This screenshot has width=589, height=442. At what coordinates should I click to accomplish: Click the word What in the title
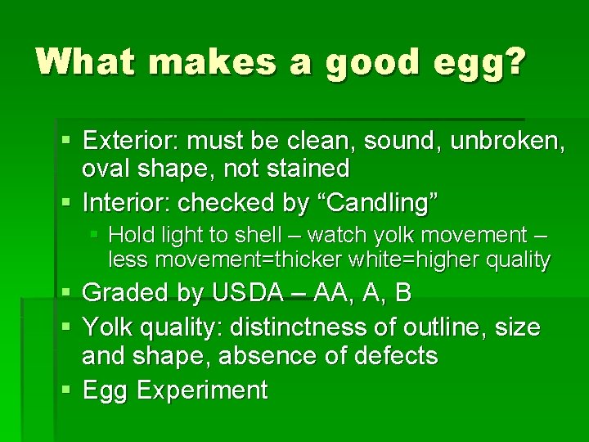[x=83, y=63]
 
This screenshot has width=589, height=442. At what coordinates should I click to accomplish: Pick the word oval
[x=106, y=169]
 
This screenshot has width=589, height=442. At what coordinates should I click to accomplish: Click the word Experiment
[x=202, y=390]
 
